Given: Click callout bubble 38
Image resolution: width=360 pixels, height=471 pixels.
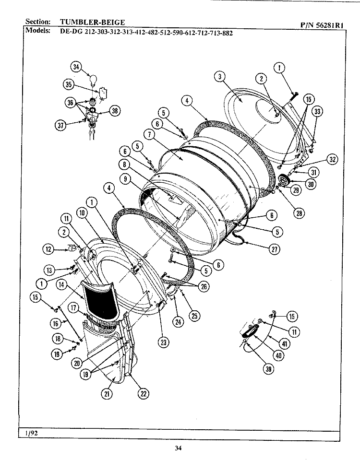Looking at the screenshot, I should pyautogui.click(x=114, y=111).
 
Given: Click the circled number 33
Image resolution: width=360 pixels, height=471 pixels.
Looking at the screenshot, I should pyautogui.click(x=317, y=112).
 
